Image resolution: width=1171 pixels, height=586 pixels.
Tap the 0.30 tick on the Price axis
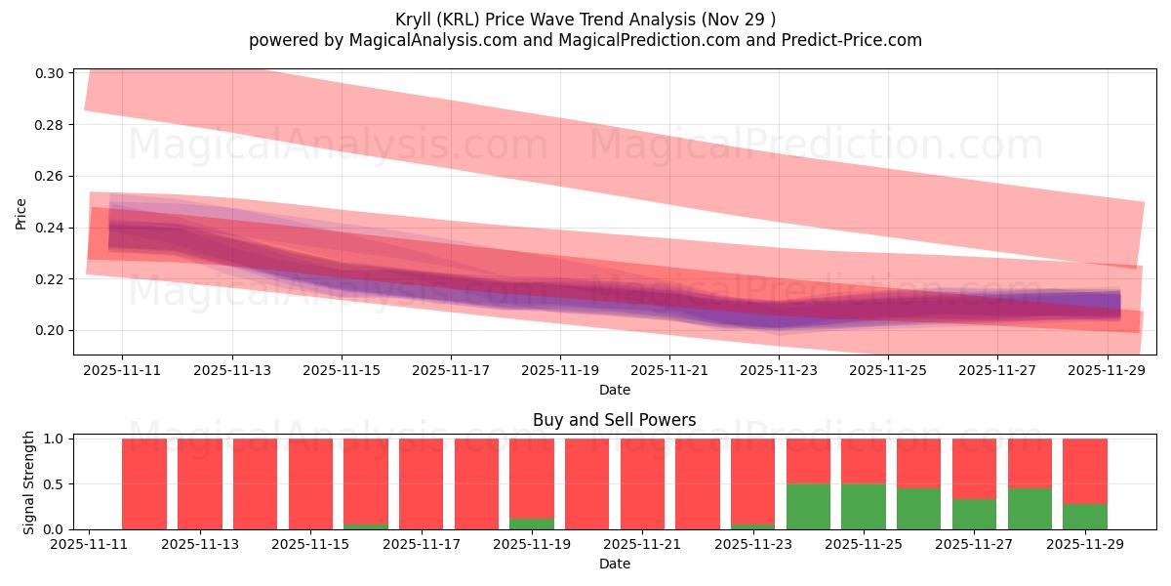pos(51,73)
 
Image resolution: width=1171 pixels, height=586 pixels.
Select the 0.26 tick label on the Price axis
pos(51,177)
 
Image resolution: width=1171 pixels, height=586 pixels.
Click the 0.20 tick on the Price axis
pos(51,330)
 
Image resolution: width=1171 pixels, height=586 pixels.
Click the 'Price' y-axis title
pos(21,212)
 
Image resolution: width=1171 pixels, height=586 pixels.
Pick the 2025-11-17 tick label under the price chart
pos(451,370)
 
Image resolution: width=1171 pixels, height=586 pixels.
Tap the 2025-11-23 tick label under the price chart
pos(779,370)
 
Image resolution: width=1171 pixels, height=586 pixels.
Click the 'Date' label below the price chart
pos(615,390)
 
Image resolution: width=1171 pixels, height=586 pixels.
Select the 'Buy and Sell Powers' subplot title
pos(615,420)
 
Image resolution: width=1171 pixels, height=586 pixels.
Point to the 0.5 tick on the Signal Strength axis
pos(55,484)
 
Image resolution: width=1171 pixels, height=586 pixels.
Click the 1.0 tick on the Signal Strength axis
pos(55,439)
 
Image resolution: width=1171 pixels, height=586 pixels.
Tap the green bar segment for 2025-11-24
pos(808,506)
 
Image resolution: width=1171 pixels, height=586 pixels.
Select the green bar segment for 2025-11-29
pos(1084,517)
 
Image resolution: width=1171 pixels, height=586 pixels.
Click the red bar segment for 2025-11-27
pos(974,469)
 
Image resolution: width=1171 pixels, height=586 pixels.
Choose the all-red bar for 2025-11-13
pos(199,483)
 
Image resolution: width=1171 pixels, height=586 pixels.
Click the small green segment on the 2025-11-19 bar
pos(532,523)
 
